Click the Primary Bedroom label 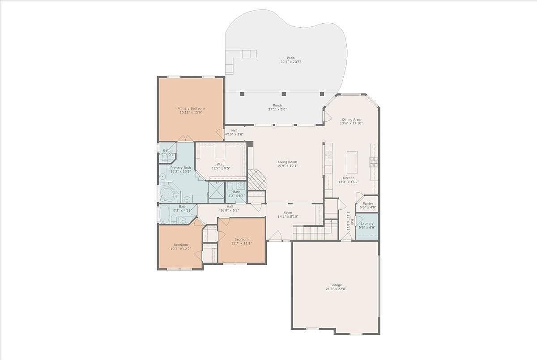pos(191,109)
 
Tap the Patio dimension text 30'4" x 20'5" pos(291,62)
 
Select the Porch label pos(277,106)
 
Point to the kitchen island pos(352,162)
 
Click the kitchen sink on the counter pos(329,155)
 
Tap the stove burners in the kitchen pos(374,161)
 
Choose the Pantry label pos(367,203)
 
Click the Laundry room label pos(367,224)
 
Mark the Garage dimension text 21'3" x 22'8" pos(336,289)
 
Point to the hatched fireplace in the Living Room pos(257,180)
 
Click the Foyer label pos(288,213)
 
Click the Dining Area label pos(351,119)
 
